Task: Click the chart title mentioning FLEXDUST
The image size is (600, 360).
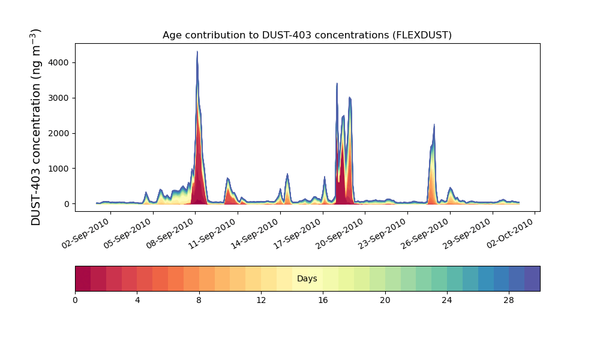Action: pyautogui.click(x=307, y=35)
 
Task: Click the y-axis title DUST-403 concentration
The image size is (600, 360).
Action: pyautogui.click(x=35, y=127)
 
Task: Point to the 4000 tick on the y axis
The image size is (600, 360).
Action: pyautogui.click(x=59, y=62)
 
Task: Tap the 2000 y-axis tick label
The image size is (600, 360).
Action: pyautogui.click(x=59, y=133)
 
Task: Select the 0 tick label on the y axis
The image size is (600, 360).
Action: pyautogui.click(x=67, y=204)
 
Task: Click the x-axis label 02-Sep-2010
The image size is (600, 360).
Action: pyautogui.click(x=86, y=233)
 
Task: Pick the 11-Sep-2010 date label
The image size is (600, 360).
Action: pyautogui.click(x=214, y=233)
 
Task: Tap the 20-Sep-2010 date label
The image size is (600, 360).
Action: pyautogui.click(x=341, y=233)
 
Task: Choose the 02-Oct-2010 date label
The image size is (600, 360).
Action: pyautogui.click(x=511, y=233)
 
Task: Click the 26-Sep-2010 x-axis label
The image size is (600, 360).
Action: pyautogui.click(x=425, y=233)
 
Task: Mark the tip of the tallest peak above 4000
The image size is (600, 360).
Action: pyautogui.click(x=197, y=51)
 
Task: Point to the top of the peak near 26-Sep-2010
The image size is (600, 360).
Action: pyautogui.click(x=434, y=124)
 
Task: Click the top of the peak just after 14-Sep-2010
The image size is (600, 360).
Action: pyautogui.click(x=287, y=174)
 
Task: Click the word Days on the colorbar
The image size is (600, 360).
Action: pyautogui.click(x=307, y=278)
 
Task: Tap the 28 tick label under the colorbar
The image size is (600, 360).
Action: pyautogui.click(x=509, y=301)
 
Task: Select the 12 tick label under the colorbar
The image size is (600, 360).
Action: pyautogui.click(x=261, y=301)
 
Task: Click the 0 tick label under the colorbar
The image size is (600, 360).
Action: pyautogui.click(x=76, y=301)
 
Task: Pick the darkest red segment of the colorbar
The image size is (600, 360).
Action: pyautogui.click(x=83, y=278)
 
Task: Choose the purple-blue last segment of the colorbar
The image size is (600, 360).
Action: pyautogui.click(x=532, y=278)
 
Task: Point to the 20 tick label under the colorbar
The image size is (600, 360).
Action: pyautogui.click(x=385, y=301)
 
